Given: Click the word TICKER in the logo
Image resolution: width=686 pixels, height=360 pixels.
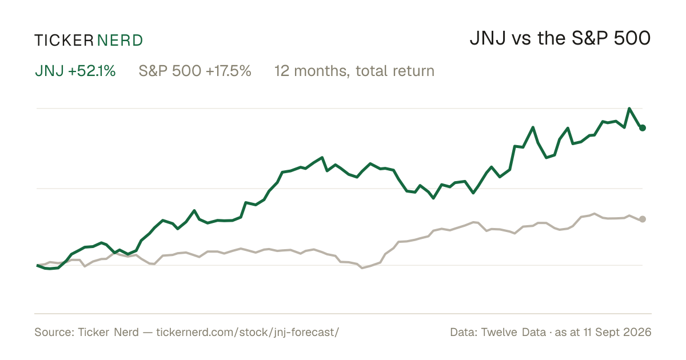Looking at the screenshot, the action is click(64, 41).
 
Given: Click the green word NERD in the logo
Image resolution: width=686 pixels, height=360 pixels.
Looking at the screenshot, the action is click(120, 41).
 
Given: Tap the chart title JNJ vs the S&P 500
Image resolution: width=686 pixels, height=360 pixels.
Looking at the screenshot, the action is click(560, 38).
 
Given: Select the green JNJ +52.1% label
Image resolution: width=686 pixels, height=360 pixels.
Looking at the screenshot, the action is click(75, 71).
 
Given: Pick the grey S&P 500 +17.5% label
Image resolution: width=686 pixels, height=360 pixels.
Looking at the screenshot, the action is click(195, 71).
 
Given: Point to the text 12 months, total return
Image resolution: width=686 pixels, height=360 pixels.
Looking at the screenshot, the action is click(354, 71).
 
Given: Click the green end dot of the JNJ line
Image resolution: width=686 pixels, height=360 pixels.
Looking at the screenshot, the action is click(643, 128).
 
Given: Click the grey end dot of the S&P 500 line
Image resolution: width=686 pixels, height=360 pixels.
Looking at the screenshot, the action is click(643, 219).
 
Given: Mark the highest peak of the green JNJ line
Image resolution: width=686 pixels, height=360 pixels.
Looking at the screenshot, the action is click(629, 109).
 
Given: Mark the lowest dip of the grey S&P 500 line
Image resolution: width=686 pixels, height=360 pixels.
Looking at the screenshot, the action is click(362, 268).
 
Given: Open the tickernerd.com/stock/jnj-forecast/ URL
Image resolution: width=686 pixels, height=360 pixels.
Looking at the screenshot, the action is click(248, 333).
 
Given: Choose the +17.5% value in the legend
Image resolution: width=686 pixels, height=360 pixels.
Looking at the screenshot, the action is click(229, 71).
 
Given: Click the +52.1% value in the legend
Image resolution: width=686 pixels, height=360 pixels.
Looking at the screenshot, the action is click(92, 71).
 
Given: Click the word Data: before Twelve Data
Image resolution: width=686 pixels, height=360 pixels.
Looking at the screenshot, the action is click(464, 333).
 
